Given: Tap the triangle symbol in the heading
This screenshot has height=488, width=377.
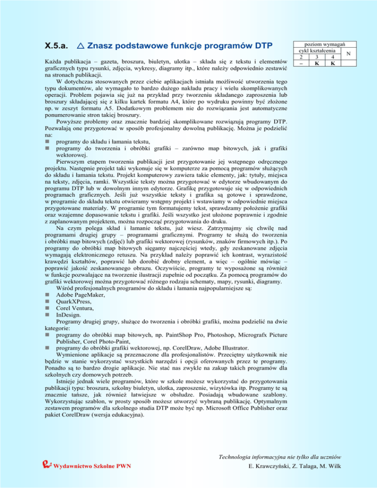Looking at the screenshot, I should point(81,46).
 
